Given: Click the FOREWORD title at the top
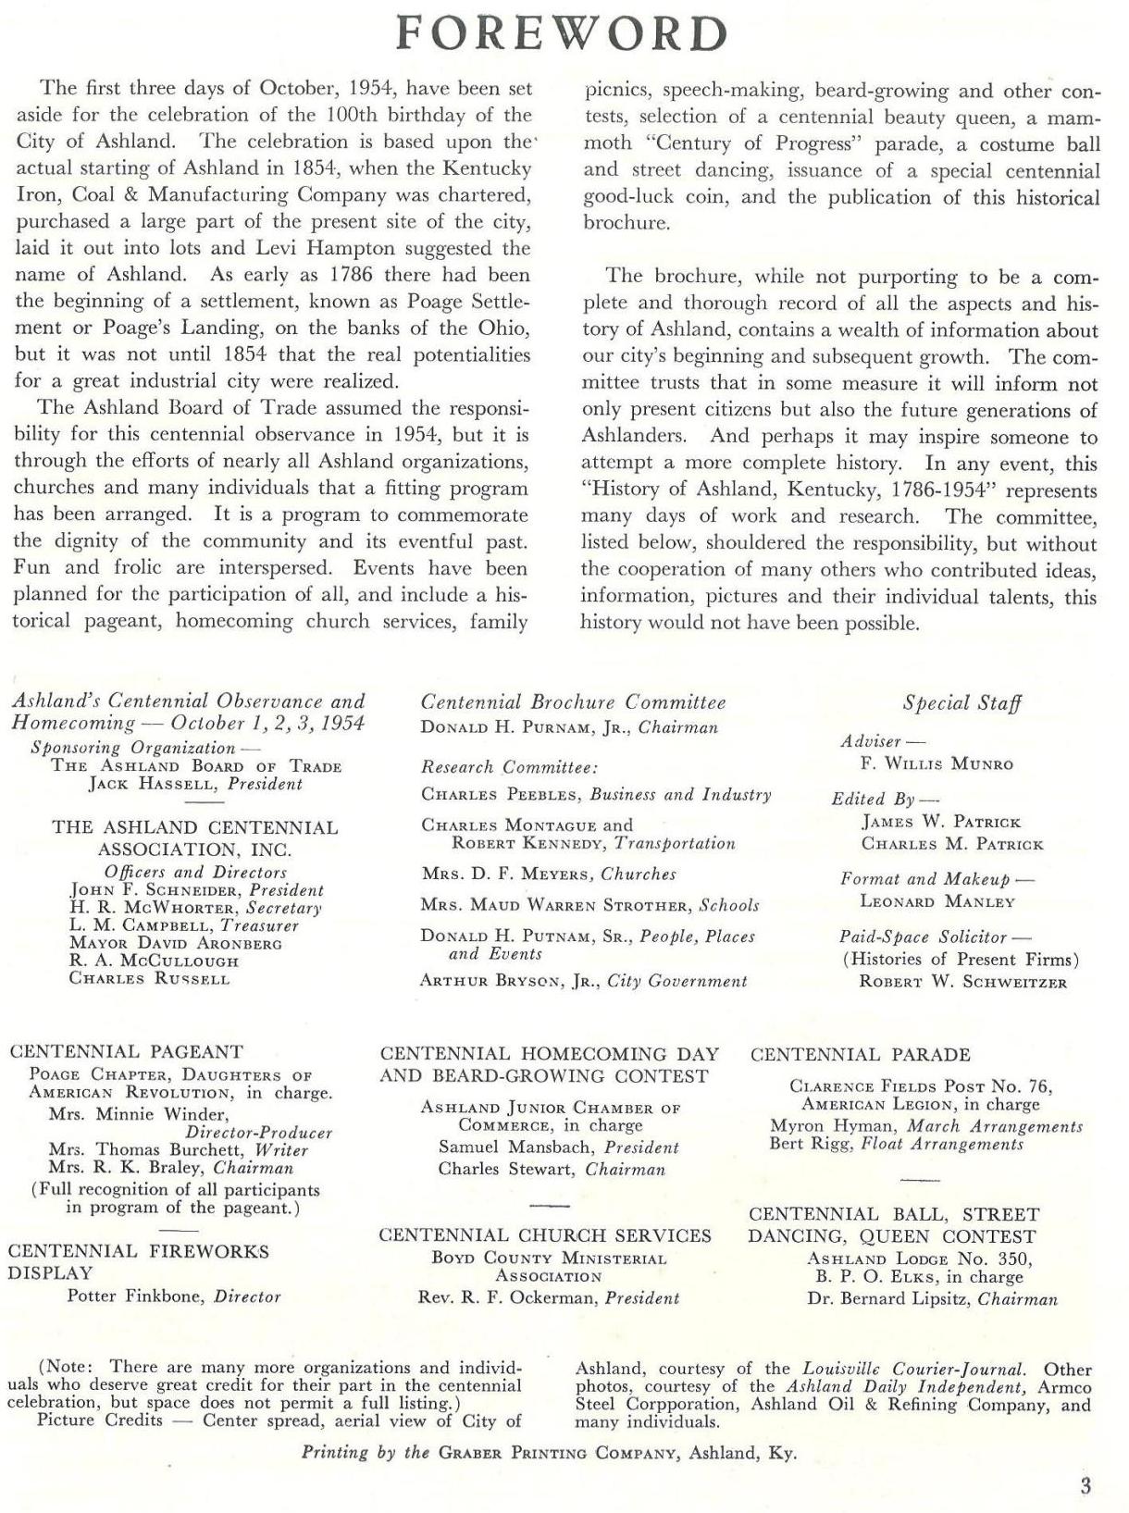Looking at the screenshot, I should pyautogui.click(x=562, y=34).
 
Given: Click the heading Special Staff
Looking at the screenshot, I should pyautogui.click(x=962, y=703).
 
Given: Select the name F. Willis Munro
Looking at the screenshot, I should pyautogui.click(x=937, y=764).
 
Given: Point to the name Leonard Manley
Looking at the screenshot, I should pyautogui.click(x=937, y=901).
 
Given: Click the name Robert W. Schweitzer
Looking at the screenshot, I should pyautogui.click(x=962, y=983).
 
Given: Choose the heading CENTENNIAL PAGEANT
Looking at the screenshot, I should pyautogui.click(x=126, y=1052).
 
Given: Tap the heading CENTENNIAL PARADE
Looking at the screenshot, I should pyautogui.click(x=860, y=1055).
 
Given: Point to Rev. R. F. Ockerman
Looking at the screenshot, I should pyautogui.click(x=508, y=1298).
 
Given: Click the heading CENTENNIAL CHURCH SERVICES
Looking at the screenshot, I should pyautogui.click(x=545, y=1235).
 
